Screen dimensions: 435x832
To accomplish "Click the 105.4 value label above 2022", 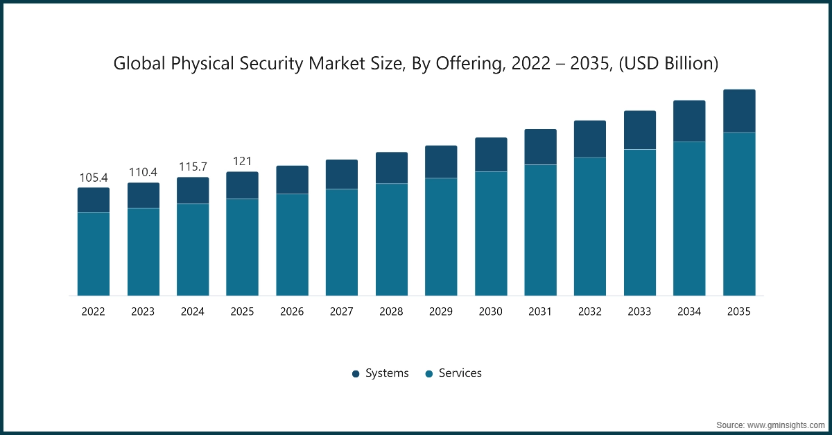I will click(94, 178).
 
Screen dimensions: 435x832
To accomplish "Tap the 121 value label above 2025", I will click(242, 162).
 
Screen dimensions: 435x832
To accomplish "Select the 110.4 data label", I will click(143, 173).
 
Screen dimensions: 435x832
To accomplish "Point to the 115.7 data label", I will click(193, 167).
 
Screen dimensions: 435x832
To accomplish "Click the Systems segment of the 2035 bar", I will click(739, 111).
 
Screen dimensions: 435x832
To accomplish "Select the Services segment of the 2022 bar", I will click(94, 254).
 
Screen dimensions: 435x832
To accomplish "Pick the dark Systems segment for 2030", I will click(491, 155).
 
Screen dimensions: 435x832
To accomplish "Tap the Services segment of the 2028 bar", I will click(391, 239).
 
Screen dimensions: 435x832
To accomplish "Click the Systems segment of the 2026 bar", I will click(292, 180).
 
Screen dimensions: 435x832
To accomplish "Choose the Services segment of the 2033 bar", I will click(640, 222).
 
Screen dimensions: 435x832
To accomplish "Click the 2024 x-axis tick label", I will click(193, 312).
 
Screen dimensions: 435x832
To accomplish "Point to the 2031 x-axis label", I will click(540, 312).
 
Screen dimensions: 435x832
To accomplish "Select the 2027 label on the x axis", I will click(342, 312).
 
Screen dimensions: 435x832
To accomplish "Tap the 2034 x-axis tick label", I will click(689, 312).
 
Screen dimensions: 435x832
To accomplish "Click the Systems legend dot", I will click(356, 373).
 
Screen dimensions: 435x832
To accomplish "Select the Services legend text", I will click(460, 373).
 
